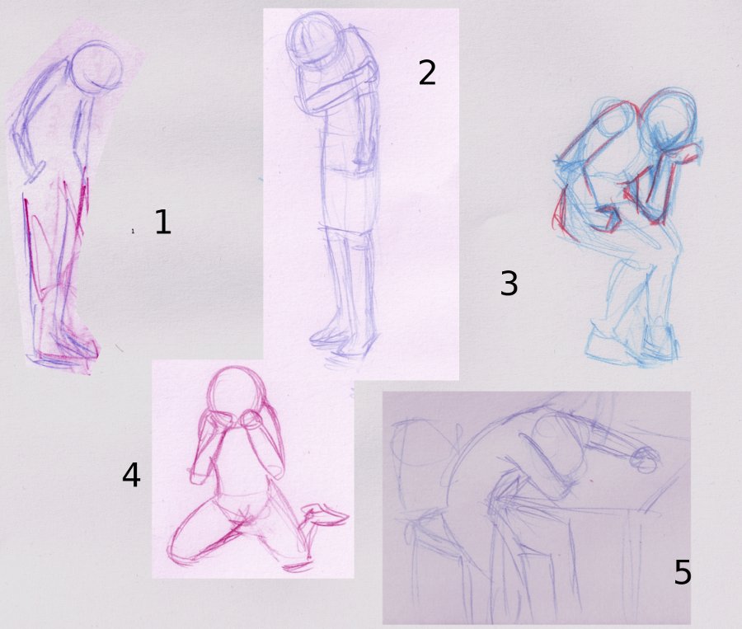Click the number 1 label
(x=162, y=222)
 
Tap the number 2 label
(x=427, y=73)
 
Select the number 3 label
(x=509, y=283)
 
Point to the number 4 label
(x=131, y=475)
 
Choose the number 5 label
(x=683, y=572)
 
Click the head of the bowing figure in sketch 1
(x=96, y=68)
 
